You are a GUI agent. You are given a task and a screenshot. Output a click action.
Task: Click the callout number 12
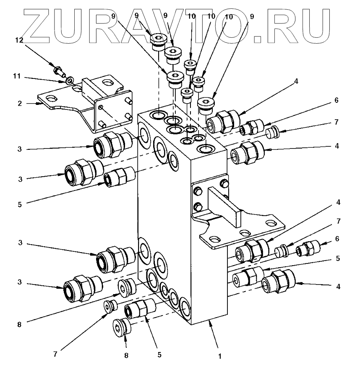tap(19, 40)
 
